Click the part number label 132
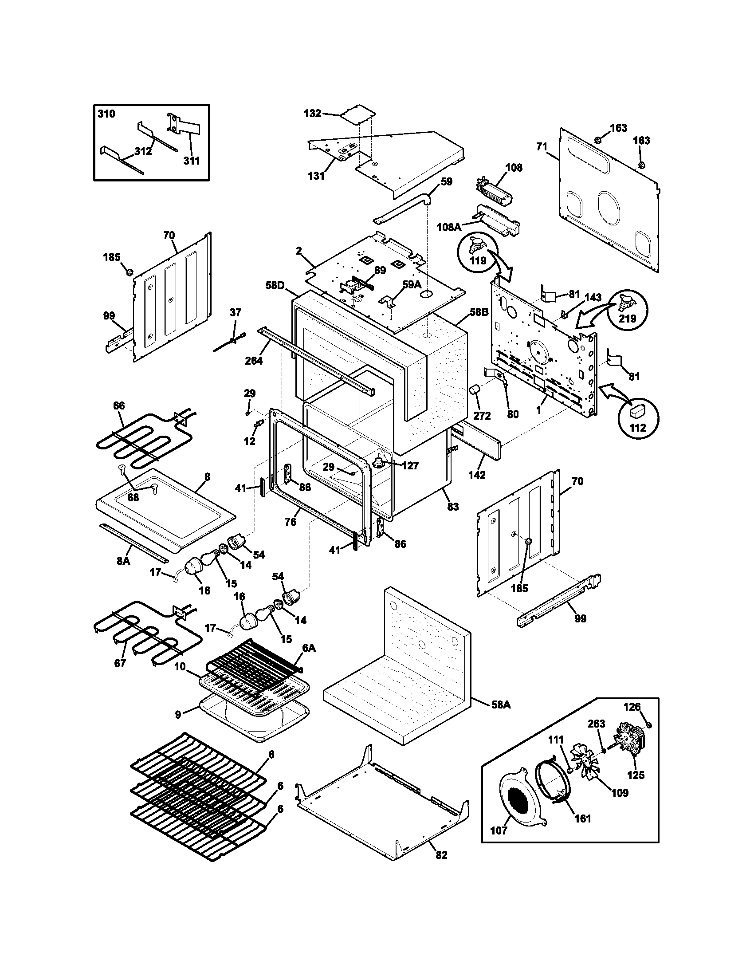coord(312,114)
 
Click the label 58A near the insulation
coord(501,705)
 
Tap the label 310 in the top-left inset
coord(106,114)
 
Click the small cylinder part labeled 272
coord(474,391)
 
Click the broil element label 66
coord(119,406)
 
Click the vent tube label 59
coord(446,181)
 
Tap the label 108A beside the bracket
coord(449,228)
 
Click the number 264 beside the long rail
coord(254,360)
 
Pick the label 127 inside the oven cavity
coord(410,466)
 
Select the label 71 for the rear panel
coord(542,146)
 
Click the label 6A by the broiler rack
coord(309,648)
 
